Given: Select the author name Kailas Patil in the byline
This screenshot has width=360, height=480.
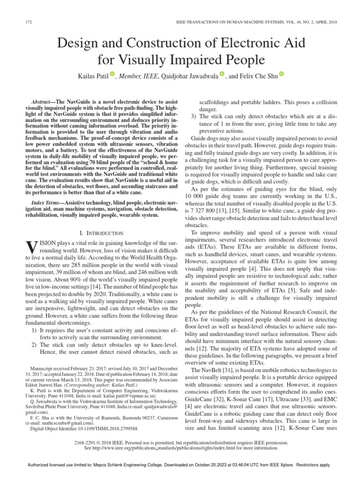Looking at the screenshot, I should (92, 76).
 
